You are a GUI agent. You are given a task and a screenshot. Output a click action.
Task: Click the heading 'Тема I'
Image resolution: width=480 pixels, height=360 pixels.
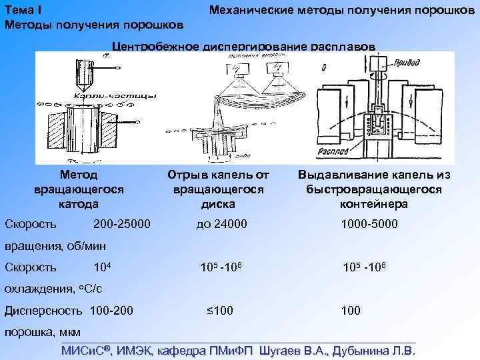(23, 9)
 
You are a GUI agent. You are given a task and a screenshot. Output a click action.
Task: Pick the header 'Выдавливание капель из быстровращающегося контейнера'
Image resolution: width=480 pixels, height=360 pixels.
(375, 189)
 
